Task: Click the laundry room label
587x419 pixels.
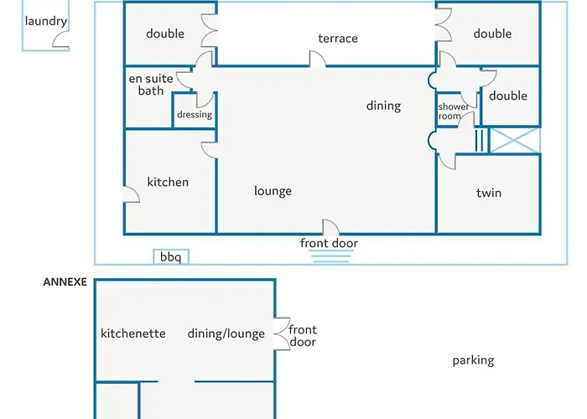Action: pyautogui.click(x=45, y=21)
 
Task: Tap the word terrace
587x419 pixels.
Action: pyautogui.click(x=338, y=39)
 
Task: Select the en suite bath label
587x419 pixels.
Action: pyautogui.click(x=151, y=85)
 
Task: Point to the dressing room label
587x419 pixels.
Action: pyautogui.click(x=195, y=115)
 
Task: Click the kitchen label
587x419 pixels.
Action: pyautogui.click(x=168, y=182)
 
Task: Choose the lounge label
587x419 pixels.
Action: pyautogui.click(x=273, y=191)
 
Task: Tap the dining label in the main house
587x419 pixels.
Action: pyautogui.click(x=383, y=106)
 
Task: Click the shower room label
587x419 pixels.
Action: pyautogui.click(x=453, y=111)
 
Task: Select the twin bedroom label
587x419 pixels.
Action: pyautogui.click(x=489, y=193)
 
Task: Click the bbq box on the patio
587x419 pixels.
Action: pyautogui.click(x=171, y=256)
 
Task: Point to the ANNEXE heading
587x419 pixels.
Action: pyautogui.click(x=65, y=282)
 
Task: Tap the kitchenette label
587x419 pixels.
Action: pyautogui.click(x=132, y=334)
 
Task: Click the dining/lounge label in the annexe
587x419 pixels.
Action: pyautogui.click(x=226, y=334)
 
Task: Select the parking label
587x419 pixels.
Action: pyautogui.click(x=473, y=360)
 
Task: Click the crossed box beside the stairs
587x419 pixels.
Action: pyautogui.click(x=515, y=141)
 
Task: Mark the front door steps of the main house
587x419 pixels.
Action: pyautogui.click(x=331, y=256)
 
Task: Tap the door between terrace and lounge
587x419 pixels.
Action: pyautogui.click(x=318, y=59)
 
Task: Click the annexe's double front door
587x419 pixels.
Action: pyautogui.click(x=282, y=334)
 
